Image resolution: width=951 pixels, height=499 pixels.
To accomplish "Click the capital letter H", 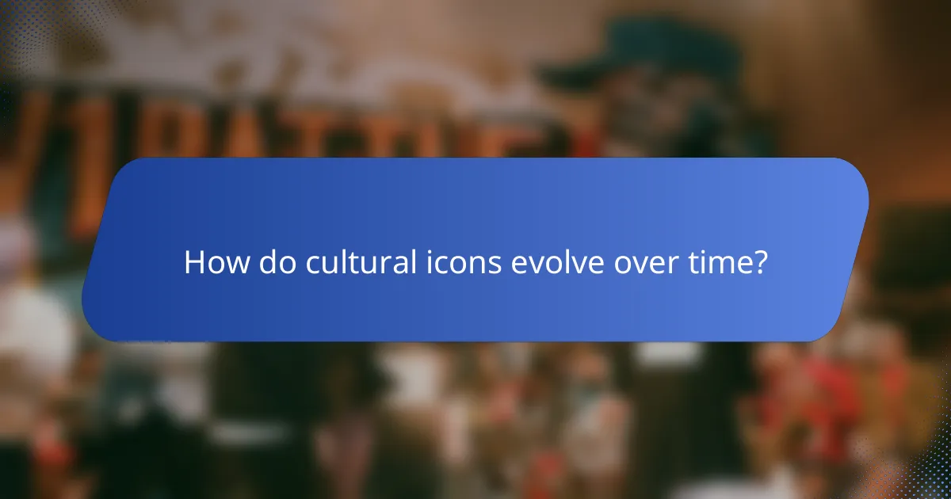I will [195, 263].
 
